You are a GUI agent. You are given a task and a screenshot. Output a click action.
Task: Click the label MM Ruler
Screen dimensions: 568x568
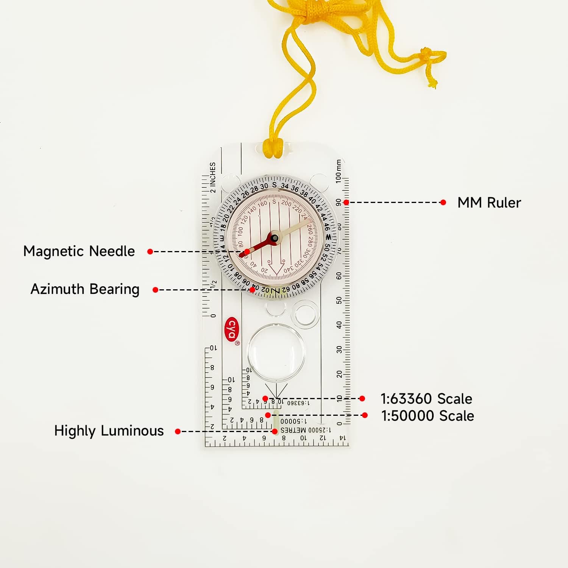point(489,203)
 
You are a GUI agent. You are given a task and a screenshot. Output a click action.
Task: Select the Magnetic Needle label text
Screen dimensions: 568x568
point(79,251)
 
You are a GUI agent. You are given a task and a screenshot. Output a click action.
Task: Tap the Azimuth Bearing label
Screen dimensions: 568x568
point(85,289)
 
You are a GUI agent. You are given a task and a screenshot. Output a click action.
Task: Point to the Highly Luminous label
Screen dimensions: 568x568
point(109,431)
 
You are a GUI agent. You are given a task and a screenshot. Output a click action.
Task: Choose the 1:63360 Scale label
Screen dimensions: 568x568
point(426,399)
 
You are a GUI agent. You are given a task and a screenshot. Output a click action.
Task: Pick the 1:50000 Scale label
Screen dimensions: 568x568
point(428,416)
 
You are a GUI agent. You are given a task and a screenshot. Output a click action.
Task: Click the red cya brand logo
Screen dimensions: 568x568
point(231,329)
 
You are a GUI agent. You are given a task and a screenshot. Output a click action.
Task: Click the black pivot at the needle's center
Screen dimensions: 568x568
point(275,238)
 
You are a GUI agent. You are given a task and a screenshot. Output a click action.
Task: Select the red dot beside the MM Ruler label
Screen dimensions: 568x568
point(443,203)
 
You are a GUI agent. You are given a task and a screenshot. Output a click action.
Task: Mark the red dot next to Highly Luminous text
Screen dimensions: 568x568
point(178,431)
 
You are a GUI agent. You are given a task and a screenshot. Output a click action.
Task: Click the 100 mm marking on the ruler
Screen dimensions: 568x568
point(339,172)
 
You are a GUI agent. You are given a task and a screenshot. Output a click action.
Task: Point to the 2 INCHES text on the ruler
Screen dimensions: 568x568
point(213,177)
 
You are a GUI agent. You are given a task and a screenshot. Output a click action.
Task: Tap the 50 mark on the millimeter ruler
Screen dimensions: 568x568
point(339,300)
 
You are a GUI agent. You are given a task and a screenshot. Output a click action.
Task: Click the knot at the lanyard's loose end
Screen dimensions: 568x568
point(427,53)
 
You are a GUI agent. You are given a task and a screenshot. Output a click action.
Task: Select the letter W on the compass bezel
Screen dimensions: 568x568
point(328,237)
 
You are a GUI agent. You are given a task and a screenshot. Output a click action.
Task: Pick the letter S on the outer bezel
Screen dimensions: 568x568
point(274,185)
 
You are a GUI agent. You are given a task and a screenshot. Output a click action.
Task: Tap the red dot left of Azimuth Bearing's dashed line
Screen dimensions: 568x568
point(155,290)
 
